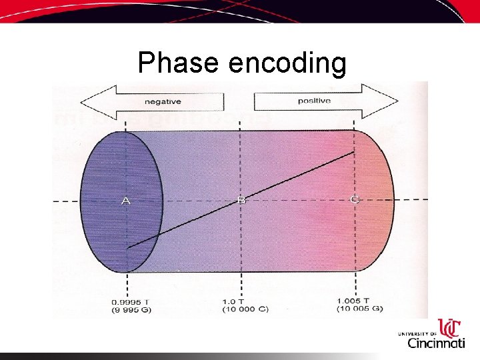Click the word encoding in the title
click(x=287, y=63)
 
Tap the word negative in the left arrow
click(x=163, y=102)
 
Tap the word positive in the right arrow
click(x=314, y=101)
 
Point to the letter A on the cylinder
click(x=125, y=201)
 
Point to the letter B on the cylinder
click(x=241, y=200)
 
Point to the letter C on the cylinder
click(x=354, y=199)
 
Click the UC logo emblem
click(x=451, y=327)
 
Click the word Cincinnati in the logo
click(x=436, y=343)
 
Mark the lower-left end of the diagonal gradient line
click(x=128, y=247)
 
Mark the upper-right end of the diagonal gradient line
click(x=354, y=153)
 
